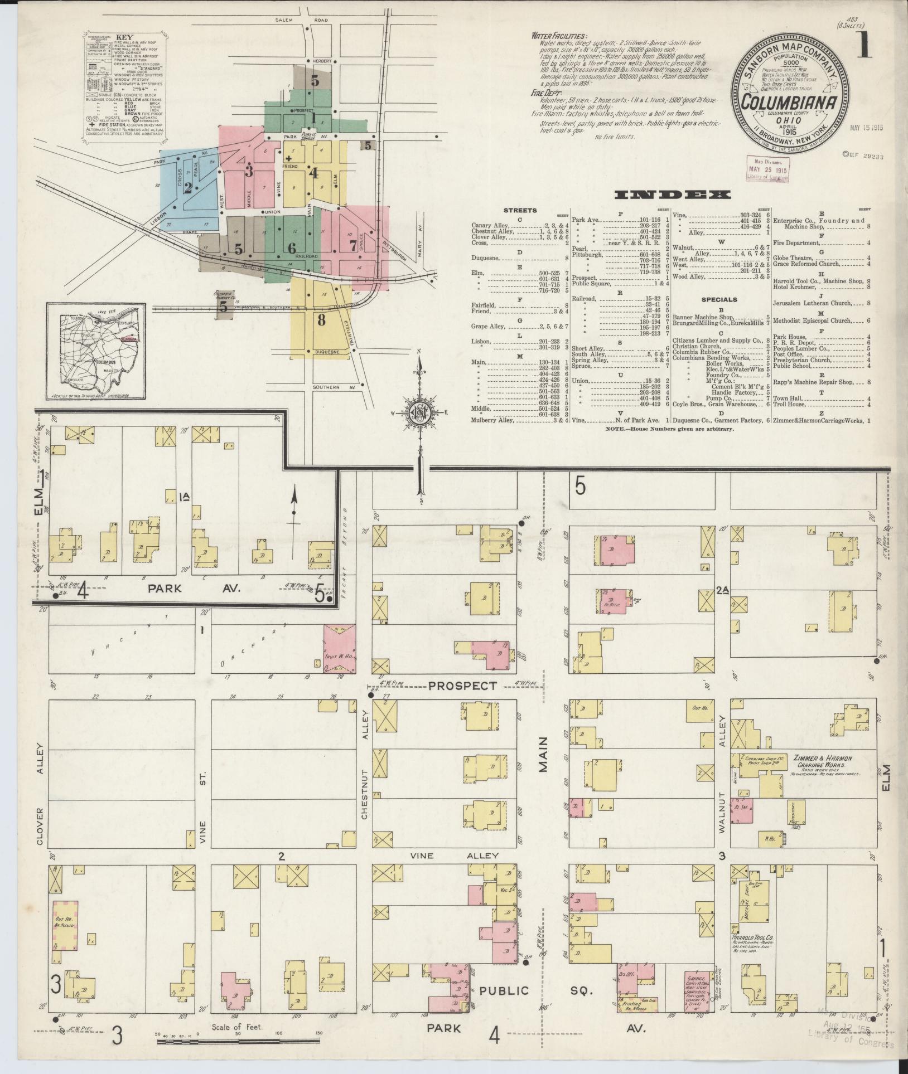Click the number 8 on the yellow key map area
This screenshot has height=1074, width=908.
tap(321, 320)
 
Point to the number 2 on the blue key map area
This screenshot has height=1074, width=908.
tap(188, 188)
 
